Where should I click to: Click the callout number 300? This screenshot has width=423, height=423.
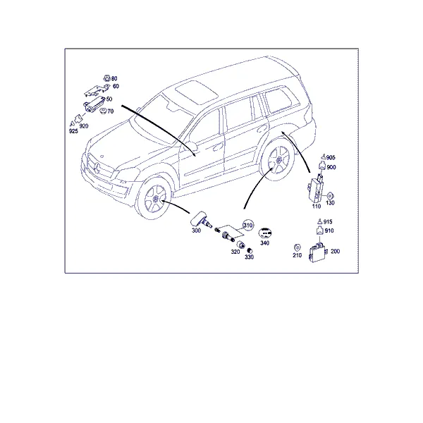196,231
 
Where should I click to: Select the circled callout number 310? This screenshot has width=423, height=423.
248,225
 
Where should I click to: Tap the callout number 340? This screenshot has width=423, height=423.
264,243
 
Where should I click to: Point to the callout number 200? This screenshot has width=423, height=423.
335,251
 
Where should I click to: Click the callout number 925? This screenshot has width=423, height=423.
73,131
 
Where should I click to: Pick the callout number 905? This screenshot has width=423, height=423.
331,157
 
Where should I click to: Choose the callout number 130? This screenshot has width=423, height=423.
330,202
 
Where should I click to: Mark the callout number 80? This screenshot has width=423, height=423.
114,78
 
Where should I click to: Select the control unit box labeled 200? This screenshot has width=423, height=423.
318,252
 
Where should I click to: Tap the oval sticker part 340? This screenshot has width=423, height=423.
265,233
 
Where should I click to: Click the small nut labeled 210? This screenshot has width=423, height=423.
297,247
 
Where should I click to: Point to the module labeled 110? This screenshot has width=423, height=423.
315,189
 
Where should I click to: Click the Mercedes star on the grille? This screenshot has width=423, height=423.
97,168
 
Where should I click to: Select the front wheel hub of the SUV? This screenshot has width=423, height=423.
155,199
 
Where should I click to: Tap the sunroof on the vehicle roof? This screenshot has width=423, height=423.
197,92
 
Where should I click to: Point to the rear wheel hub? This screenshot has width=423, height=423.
278,160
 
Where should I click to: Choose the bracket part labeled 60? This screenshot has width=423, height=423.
97,90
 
